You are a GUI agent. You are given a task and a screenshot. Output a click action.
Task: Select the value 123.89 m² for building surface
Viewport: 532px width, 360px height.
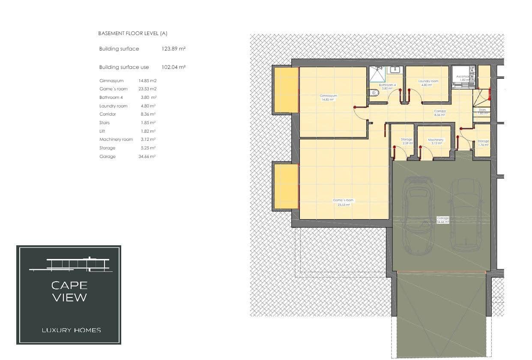[173, 49]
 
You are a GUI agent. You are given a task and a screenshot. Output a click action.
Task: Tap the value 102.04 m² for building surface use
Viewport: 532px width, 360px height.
[173, 67]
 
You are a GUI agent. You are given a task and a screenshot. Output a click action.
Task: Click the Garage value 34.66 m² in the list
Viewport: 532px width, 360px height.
[146, 157]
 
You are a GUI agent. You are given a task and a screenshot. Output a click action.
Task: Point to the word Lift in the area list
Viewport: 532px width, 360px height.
[102, 131]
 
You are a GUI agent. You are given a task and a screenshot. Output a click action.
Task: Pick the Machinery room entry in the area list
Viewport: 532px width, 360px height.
[116, 140]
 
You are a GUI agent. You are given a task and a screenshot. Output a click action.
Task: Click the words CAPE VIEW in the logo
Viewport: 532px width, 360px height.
[69, 291]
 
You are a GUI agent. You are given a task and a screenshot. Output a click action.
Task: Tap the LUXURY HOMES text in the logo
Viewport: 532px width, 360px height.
[72, 330]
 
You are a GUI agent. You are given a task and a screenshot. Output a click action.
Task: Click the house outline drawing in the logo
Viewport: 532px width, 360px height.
[71, 264]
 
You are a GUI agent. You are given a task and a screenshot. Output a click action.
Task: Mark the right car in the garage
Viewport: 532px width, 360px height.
[466, 214]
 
